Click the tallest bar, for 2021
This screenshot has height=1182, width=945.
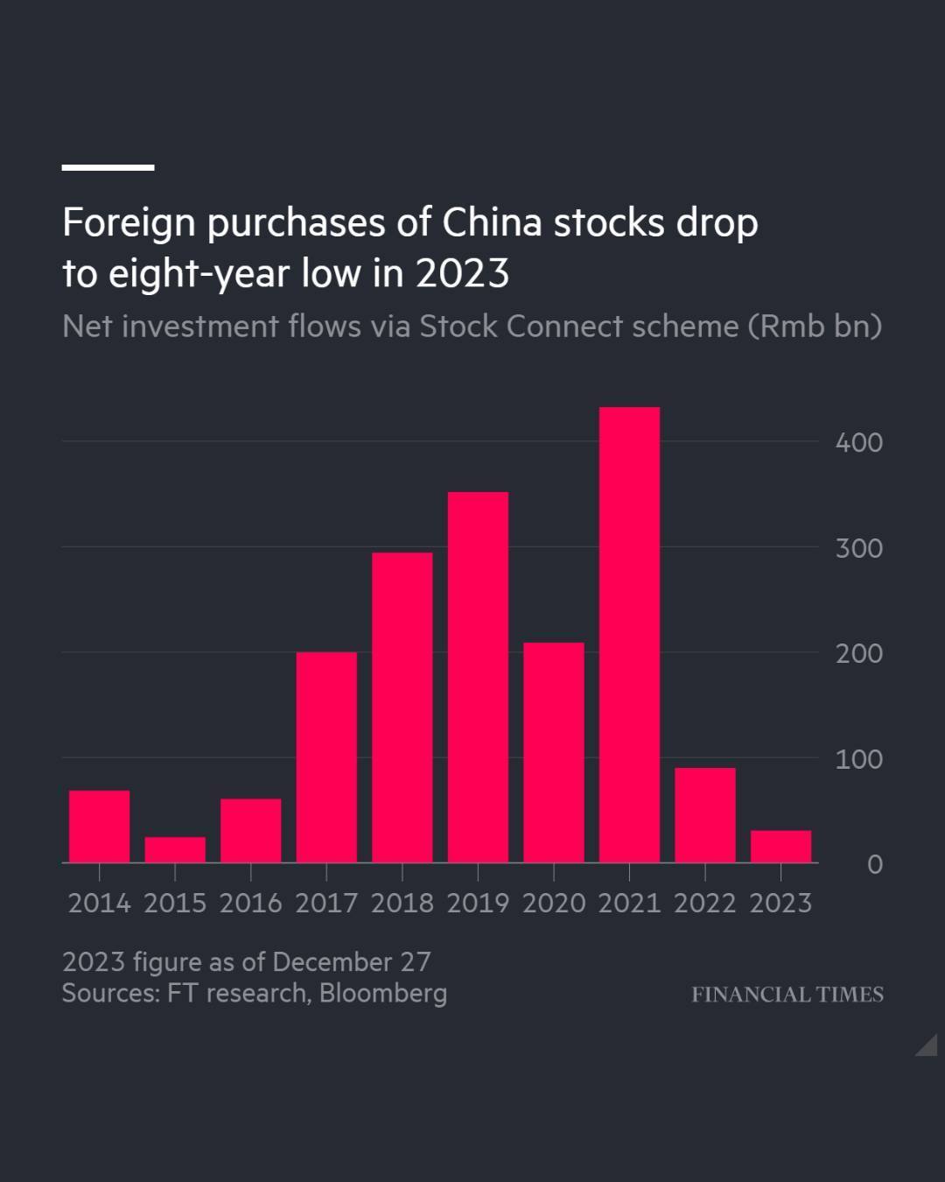click(x=629, y=635)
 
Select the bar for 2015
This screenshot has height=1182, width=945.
click(x=175, y=849)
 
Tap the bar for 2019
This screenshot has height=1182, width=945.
click(x=478, y=677)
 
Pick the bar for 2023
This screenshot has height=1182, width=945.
click(x=780, y=846)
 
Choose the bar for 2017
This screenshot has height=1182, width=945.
click(x=326, y=757)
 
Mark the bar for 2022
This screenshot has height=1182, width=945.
click(x=705, y=815)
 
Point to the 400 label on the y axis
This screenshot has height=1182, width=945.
click(x=858, y=442)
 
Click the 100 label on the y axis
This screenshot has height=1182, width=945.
click(x=858, y=759)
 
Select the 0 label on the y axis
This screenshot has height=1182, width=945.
click(x=874, y=864)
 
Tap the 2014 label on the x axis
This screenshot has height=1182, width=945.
click(x=99, y=903)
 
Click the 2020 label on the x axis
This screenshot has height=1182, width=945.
click(x=553, y=903)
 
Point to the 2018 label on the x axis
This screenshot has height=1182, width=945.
click(x=402, y=903)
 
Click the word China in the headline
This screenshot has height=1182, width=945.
click(x=492, y=222)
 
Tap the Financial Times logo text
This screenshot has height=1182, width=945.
click(x=787, y=995)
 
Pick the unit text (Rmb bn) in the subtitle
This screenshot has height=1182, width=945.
click(x=815, y=326)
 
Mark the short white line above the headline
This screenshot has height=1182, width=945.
click(x=108, y=166)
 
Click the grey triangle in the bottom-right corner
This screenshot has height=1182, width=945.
click(x=928, y=1046)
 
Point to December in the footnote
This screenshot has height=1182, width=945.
click(x=332, y=961)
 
